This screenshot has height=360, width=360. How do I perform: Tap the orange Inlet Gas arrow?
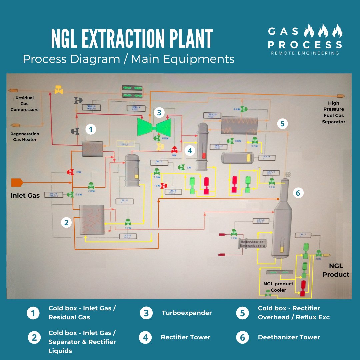[x=17, y=182]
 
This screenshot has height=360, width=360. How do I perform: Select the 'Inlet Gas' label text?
[x=25, y=195]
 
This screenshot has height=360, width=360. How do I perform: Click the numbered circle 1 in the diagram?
[x=90, y=129]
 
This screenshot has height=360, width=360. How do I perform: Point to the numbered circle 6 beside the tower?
[x=298, y=193]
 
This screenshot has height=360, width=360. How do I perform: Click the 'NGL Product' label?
[x=336, y=270]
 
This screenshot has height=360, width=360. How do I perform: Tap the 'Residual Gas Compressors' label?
[x=24, y=104]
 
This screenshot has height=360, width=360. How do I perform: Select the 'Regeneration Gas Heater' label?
[x=25, y=137]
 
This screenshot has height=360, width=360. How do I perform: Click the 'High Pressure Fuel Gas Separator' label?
[x=334, y=113]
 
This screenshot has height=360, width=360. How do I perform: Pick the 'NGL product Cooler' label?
[x=278, y=287]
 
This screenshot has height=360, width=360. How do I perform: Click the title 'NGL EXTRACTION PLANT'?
[x=132, y=39]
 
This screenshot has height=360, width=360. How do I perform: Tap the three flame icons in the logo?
[x=323, y=31]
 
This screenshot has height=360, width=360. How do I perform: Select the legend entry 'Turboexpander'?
[x=187, y=313]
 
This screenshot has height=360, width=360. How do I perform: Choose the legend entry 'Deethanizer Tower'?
[x=289, y=337]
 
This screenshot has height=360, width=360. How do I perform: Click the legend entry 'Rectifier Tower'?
[x=186, y=337]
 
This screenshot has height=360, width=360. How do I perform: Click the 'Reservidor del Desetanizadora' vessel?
[x=252, y=244]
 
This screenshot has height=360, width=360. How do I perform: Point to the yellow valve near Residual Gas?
[x=59, y=90]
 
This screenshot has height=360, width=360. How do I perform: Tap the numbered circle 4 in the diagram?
[x=190, y=151]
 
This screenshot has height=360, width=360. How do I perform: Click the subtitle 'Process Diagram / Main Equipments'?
[x=128, y=59]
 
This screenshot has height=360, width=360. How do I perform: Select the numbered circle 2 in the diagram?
[x=66, y=222]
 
